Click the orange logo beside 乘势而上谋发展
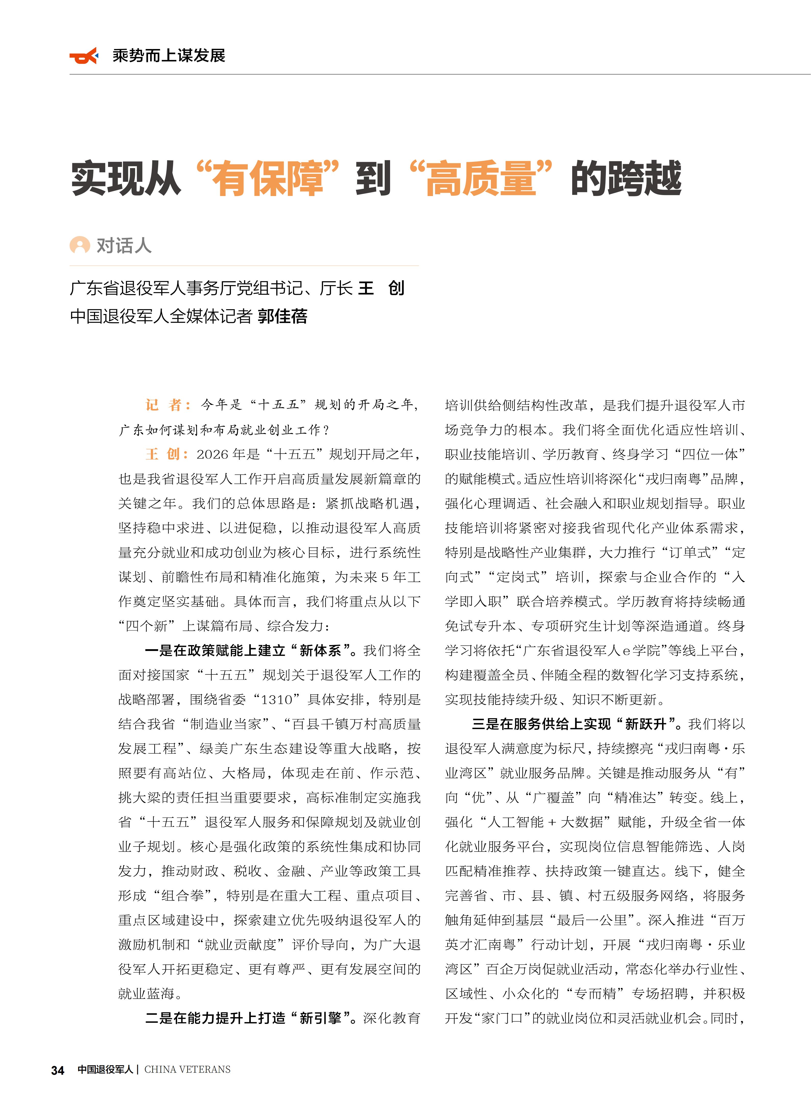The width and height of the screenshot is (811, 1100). coord(84,56)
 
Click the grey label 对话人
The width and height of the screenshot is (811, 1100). coord(124,245)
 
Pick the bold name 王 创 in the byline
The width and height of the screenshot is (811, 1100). coord(381,288)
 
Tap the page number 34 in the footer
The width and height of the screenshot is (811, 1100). coord(58,1070)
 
